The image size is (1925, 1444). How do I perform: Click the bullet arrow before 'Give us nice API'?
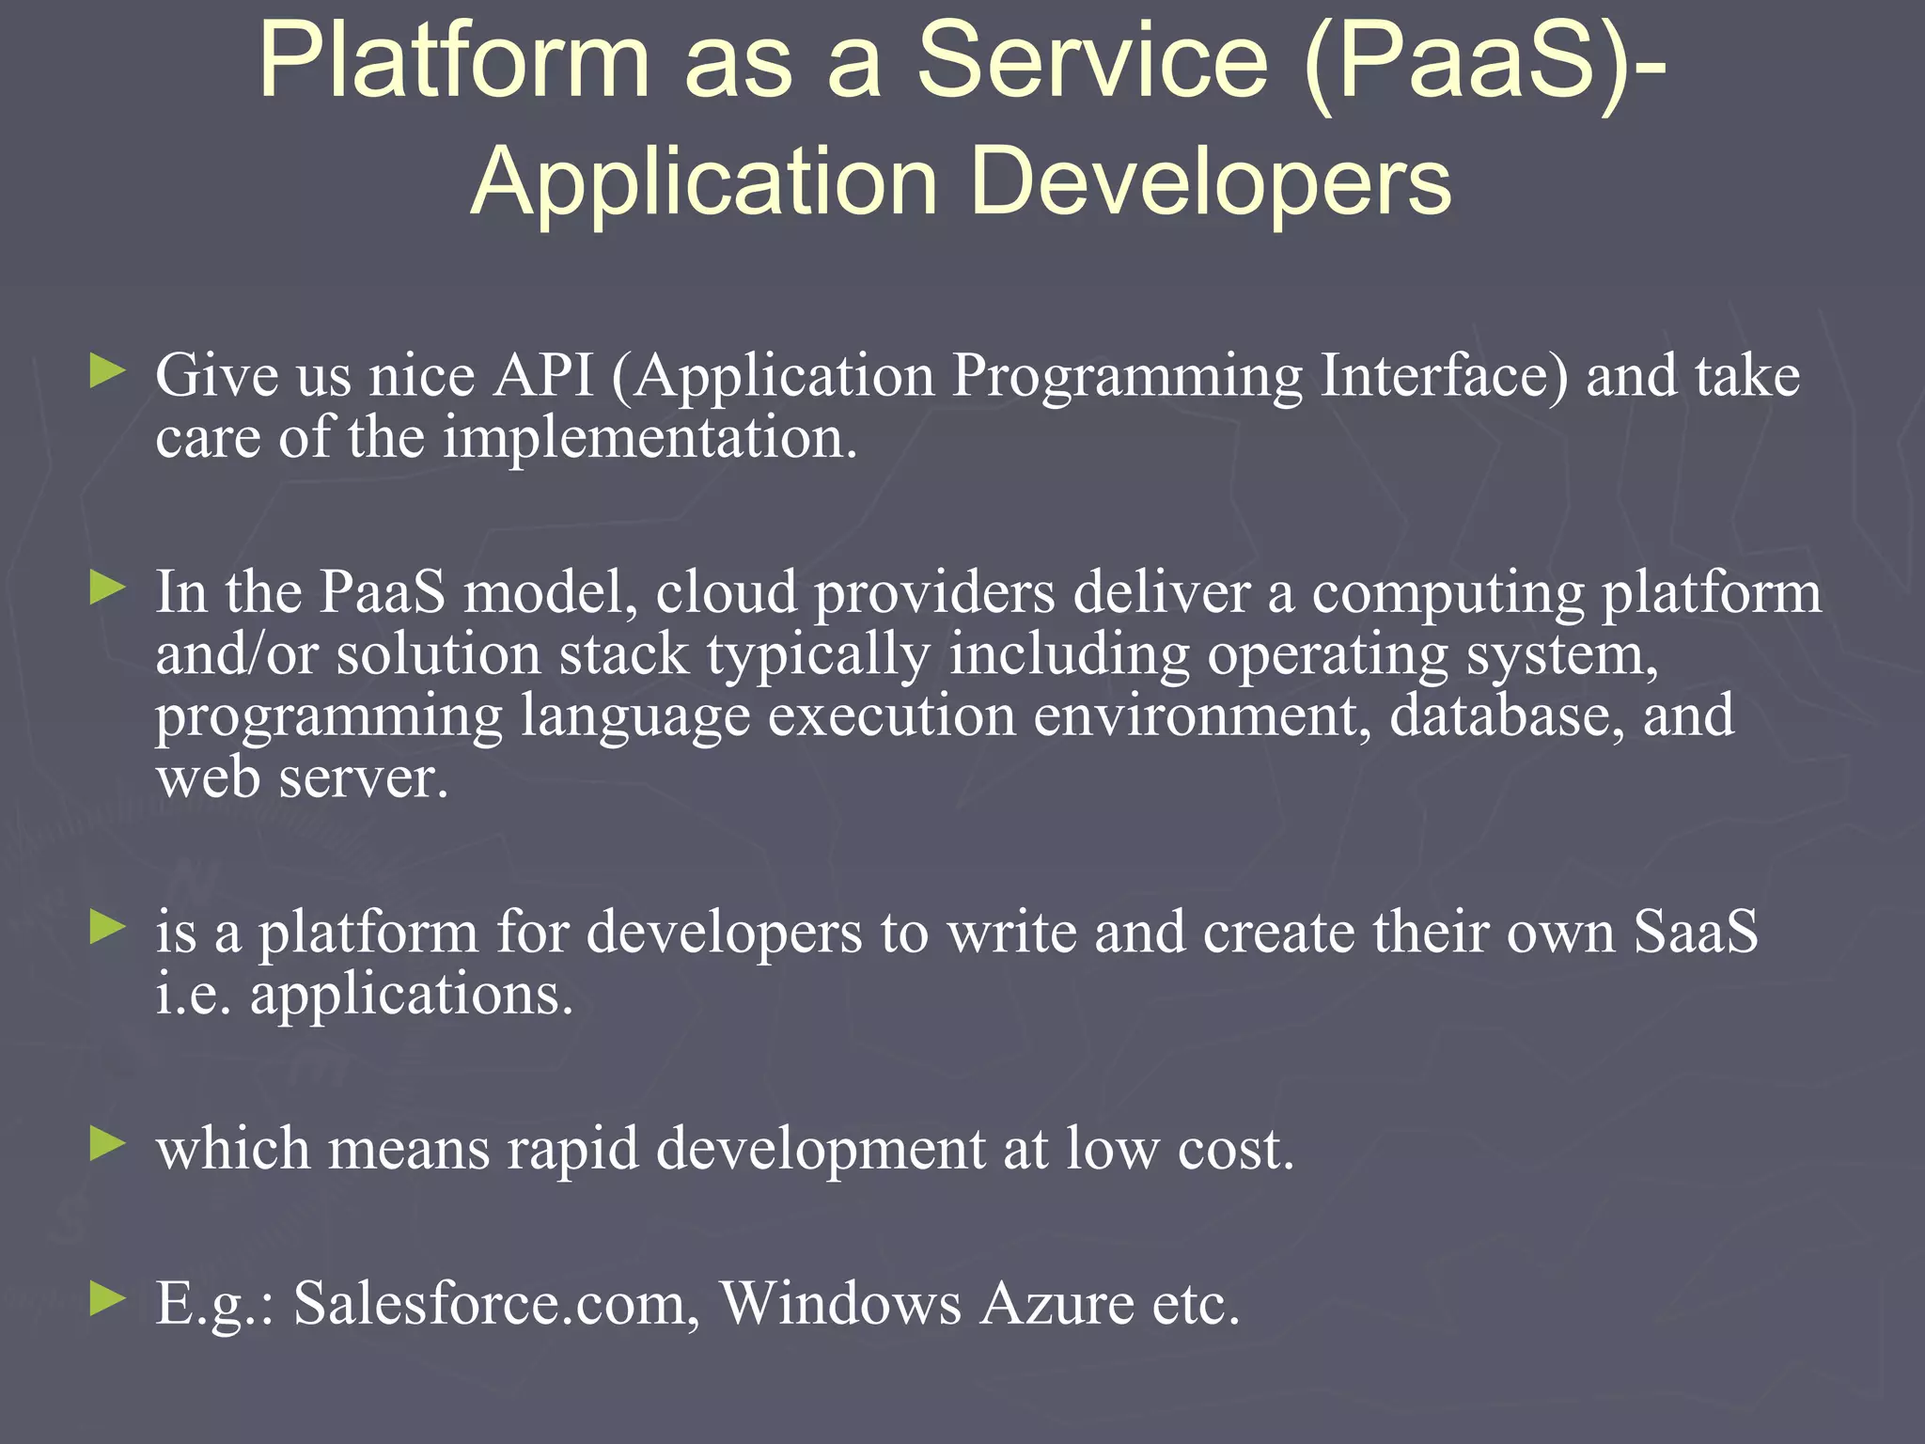pos(107,370)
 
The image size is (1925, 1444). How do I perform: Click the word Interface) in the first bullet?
pos(1444,376)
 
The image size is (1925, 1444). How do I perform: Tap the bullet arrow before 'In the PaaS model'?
pos(107,589)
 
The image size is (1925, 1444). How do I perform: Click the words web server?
pos(302,778)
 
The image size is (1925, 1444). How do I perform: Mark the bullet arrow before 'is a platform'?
pos(107,928)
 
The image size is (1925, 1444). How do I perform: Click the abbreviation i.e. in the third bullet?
pos(193,995)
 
